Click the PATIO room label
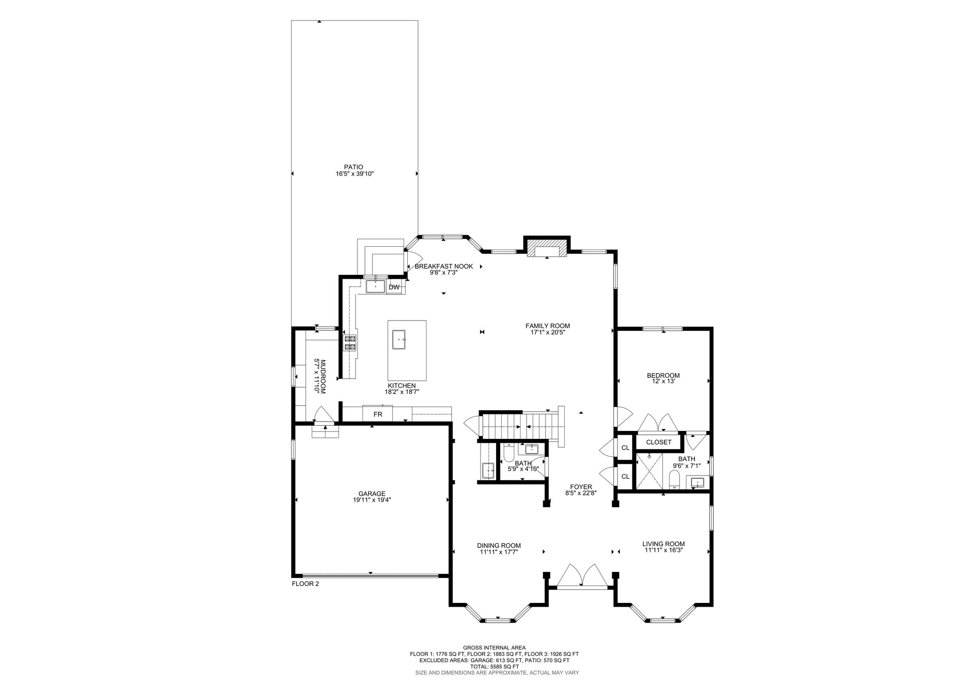pyautogui.click(x=354, y=167)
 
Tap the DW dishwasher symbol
pyautogui.click(x=394, y=287)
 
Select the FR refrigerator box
pyautogui.click(x=378, y=414)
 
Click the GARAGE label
pyautogui.click(x=372, y=493)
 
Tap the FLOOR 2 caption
pyautogui.click(x=306, y=584)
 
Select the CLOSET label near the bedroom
pyautogui.click(x=659, y=442)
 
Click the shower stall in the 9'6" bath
pyautogui.click(x=649, y=471)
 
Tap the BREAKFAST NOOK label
pyautogui.click(x=444, y=266)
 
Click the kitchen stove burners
pyautogui.click(x=350, y=343)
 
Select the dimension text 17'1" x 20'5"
pyautogui.click(x=548, y=332)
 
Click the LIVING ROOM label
pyautogui.click(x=663, y=544)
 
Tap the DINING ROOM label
pyautogui.click(x=499, y=546)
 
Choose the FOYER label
pyautogui.click(x=581, y=487)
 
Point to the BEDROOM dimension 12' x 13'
pyautogui.click(x=663, y=381)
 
